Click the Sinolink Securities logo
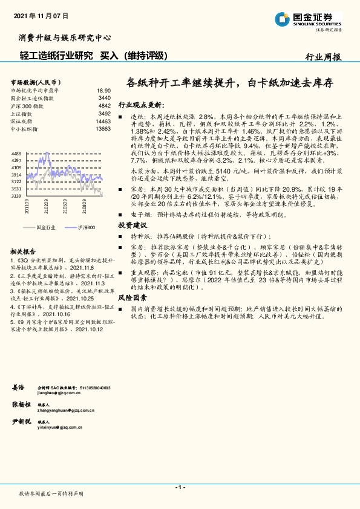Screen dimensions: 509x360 (x=309, y=19)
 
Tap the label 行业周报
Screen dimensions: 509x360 (x=323, y=57)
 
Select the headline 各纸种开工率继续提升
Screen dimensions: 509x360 (x=185, y=83)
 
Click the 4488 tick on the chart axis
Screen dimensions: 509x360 (x=16, y=154)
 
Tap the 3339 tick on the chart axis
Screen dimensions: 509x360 (x=16, y=196)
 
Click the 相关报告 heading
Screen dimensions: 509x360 (x=23, y=250)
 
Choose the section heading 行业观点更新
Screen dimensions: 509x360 (x=140, y=104)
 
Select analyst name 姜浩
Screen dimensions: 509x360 (x=18, y=386)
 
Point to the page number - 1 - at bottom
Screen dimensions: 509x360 (x=180, y=487)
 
